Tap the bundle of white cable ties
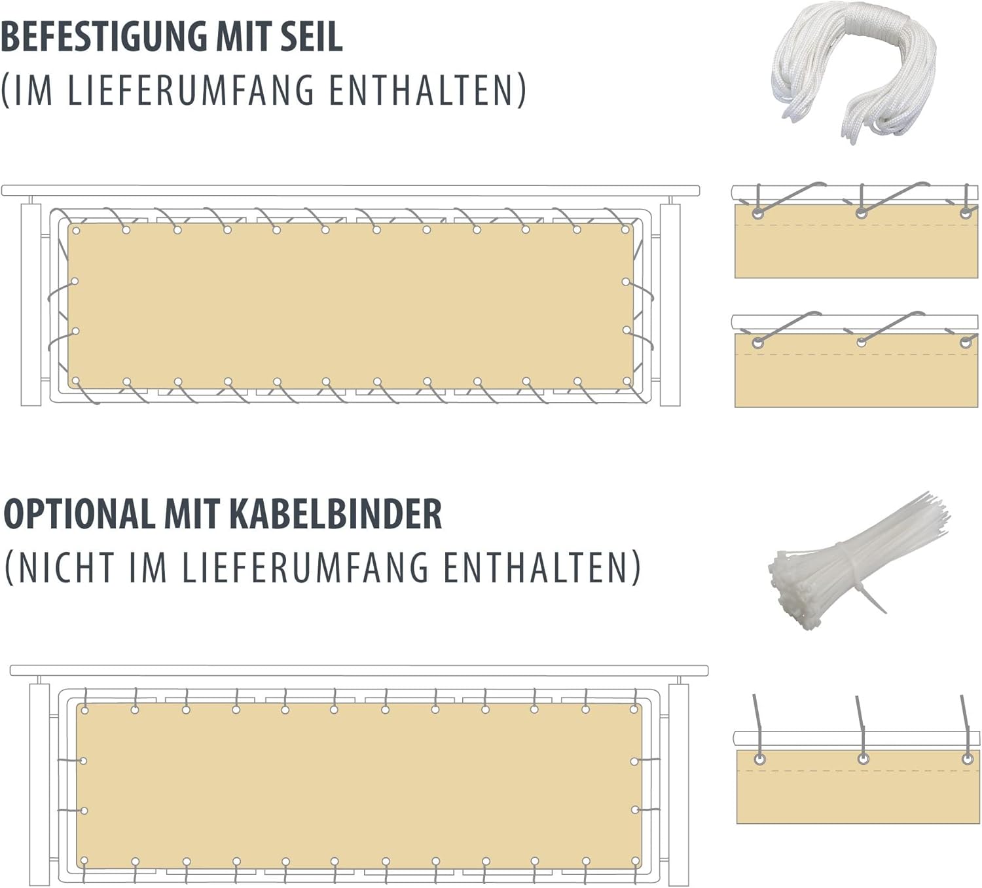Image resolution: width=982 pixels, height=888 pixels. click(x=858, y=559)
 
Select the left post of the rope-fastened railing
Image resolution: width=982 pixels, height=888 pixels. click(x=30, y=304)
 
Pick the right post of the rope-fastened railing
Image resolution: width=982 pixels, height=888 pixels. click(x=670, y=304)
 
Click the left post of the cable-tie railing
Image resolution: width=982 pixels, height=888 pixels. click(x=40, y=785)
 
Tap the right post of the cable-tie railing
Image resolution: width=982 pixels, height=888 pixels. click(x=678, y=785)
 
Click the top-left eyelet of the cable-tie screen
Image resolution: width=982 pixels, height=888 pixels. click(x=84, y=710)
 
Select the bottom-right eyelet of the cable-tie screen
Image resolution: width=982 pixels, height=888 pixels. click(x=636, y=860)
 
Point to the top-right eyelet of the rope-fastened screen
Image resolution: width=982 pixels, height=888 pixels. click(x=625, y=229)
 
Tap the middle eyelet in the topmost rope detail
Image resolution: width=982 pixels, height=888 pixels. click(x=861, y=213)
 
